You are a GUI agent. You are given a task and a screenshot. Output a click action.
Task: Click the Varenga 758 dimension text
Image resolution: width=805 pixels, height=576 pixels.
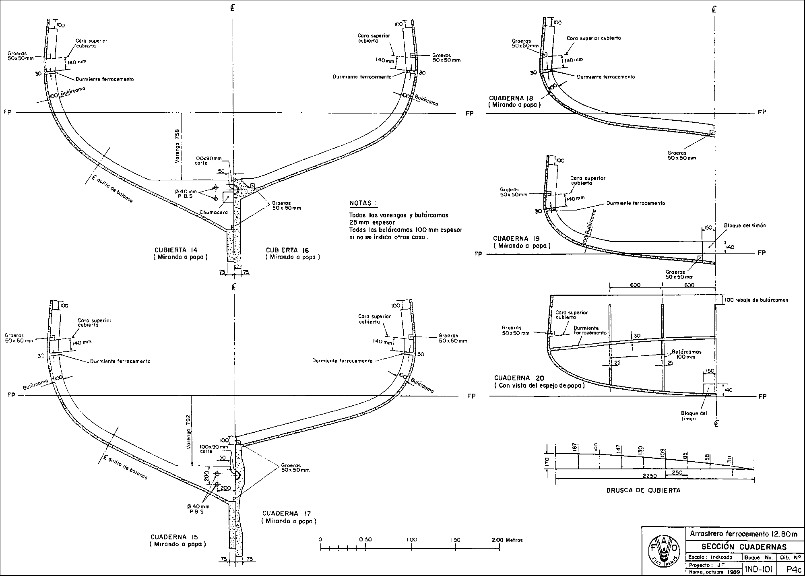click(177, 147)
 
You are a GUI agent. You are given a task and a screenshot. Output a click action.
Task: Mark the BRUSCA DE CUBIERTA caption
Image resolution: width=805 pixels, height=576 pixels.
click(643, 490)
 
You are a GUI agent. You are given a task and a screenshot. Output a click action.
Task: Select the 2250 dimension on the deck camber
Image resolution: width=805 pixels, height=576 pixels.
click(650, 476)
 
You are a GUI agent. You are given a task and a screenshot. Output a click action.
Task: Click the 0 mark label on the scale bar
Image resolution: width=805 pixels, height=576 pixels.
click(320, 540)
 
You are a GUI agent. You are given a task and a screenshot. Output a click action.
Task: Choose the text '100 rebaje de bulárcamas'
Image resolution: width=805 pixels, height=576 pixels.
click(756, 300)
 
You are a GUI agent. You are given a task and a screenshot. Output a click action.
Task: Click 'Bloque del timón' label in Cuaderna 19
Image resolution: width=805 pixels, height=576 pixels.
click(745, 225)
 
